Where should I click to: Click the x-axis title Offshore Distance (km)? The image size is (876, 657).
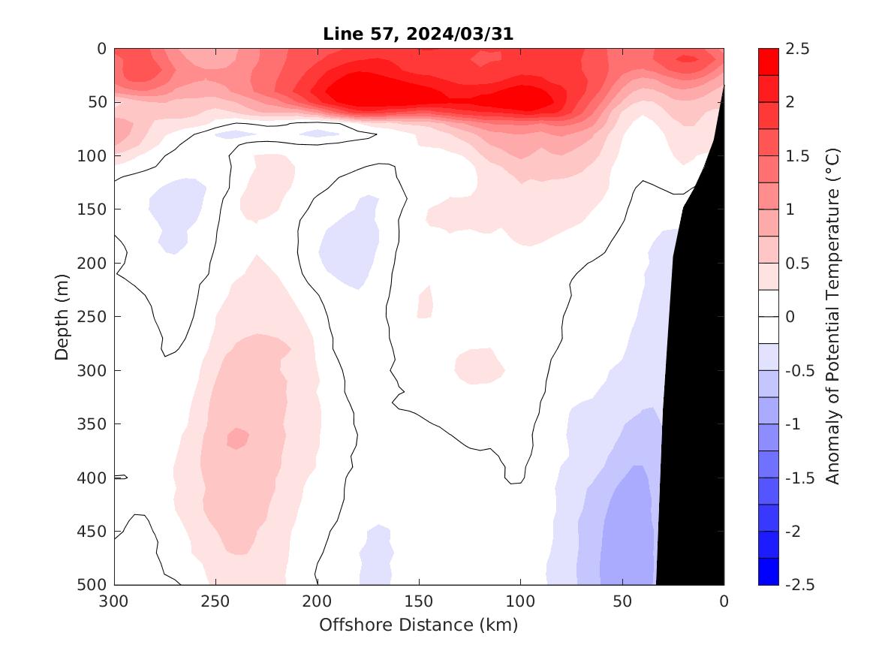click(x=418, y=625)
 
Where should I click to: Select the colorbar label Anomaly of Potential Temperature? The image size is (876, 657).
click(x=832, y=316)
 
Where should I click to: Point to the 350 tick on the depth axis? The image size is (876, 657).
click(x=95, y=424)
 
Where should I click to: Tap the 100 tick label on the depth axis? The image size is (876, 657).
click(x=95, y=156)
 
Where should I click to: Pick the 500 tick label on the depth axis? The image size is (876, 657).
click(x=95, y=585)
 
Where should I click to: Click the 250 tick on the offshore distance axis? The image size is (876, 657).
click(x=215, y=601)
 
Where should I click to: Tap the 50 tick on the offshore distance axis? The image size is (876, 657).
click(x=622, y=601)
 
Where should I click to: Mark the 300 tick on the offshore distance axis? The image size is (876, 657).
click(x=114, y=601)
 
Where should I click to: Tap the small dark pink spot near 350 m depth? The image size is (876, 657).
click(x=238, y=438)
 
